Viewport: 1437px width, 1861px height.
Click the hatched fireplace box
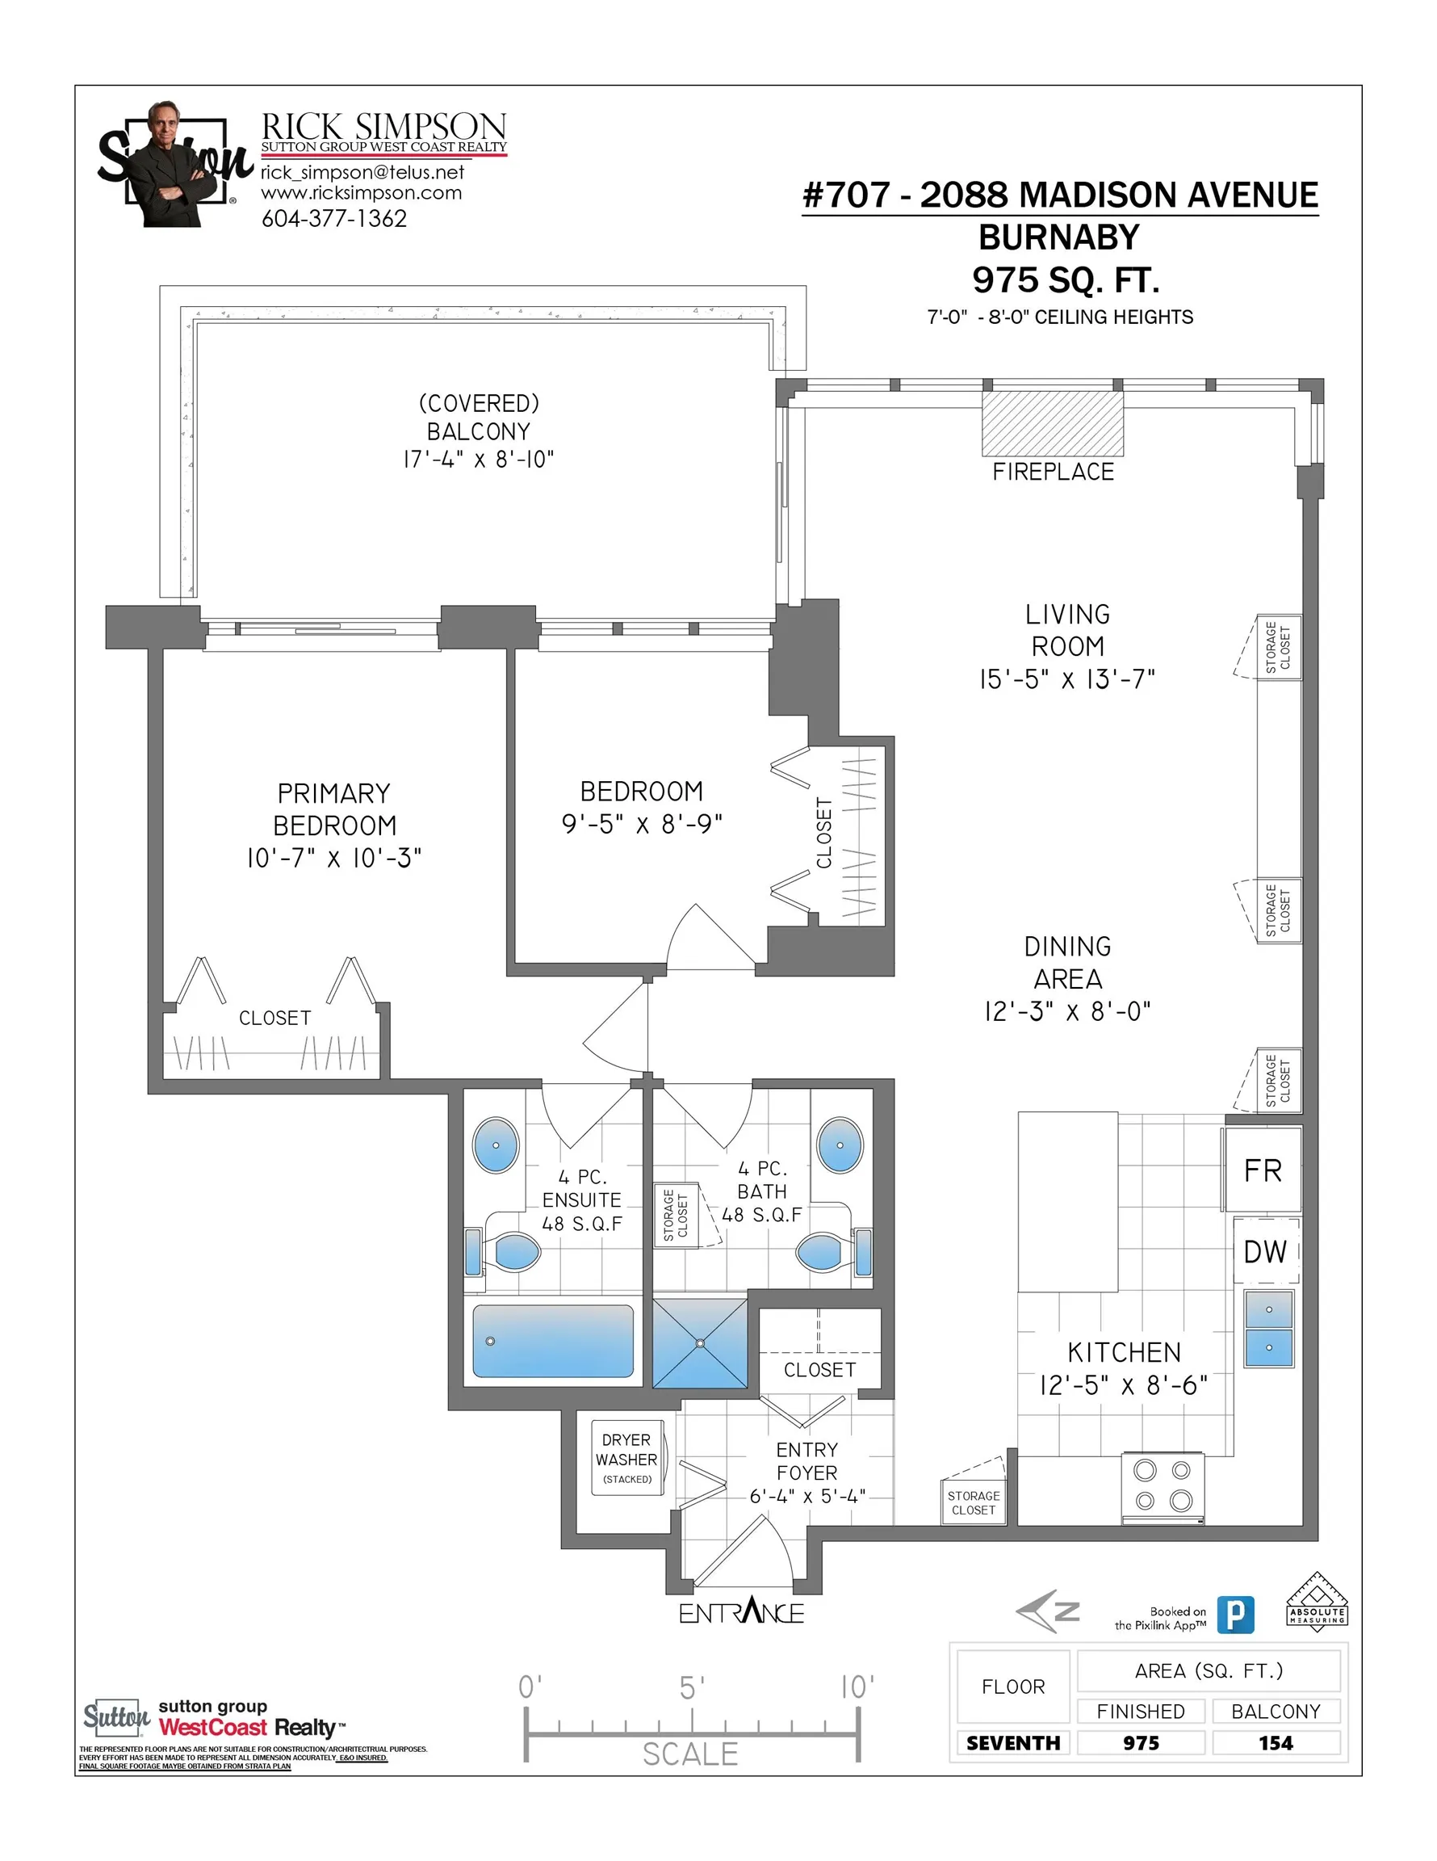[1052, 423]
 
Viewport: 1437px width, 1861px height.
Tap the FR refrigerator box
[1263, 1170]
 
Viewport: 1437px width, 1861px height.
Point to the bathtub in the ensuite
[553, 1341]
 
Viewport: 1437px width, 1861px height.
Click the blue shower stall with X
[700, 1344]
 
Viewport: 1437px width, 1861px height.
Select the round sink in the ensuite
[496, 1145]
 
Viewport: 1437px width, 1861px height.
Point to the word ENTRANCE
[741, 1612]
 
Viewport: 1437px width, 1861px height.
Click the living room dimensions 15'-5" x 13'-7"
[1066, 679]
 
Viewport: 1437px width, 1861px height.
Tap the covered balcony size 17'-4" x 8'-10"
[479, 460]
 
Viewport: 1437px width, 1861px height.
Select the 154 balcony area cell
[1276, 1742]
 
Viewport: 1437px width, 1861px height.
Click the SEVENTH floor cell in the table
[1013, 1742]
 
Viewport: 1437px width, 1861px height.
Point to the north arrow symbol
[1048, 1611]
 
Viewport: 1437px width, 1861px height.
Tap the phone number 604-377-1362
[334, 219]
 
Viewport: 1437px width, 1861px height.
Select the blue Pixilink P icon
[1235, 1615]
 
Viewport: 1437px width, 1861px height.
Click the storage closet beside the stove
[974, 1502]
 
